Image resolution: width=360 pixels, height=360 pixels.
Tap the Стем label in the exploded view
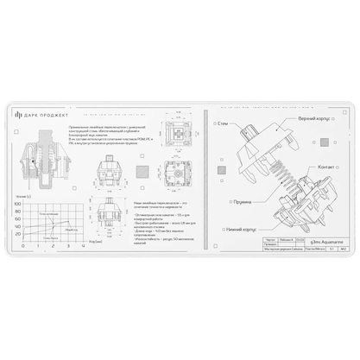pos(223,123)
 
